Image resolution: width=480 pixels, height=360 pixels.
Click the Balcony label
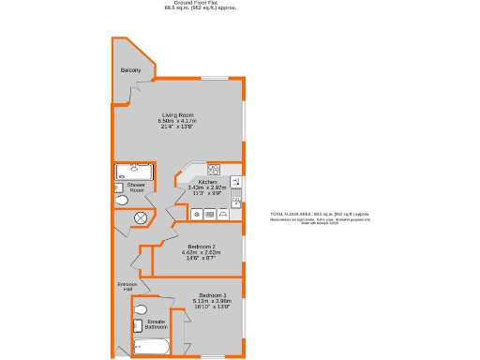coord(130,71)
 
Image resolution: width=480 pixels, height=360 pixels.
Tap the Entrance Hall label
coord(127,286)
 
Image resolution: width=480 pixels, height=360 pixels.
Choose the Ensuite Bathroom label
coord(156,324)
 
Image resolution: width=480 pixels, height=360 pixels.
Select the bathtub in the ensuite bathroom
coord(151,348)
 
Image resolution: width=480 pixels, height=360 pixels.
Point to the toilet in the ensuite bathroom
coord(141,310)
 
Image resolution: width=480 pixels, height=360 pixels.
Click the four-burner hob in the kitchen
coord(214,171)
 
